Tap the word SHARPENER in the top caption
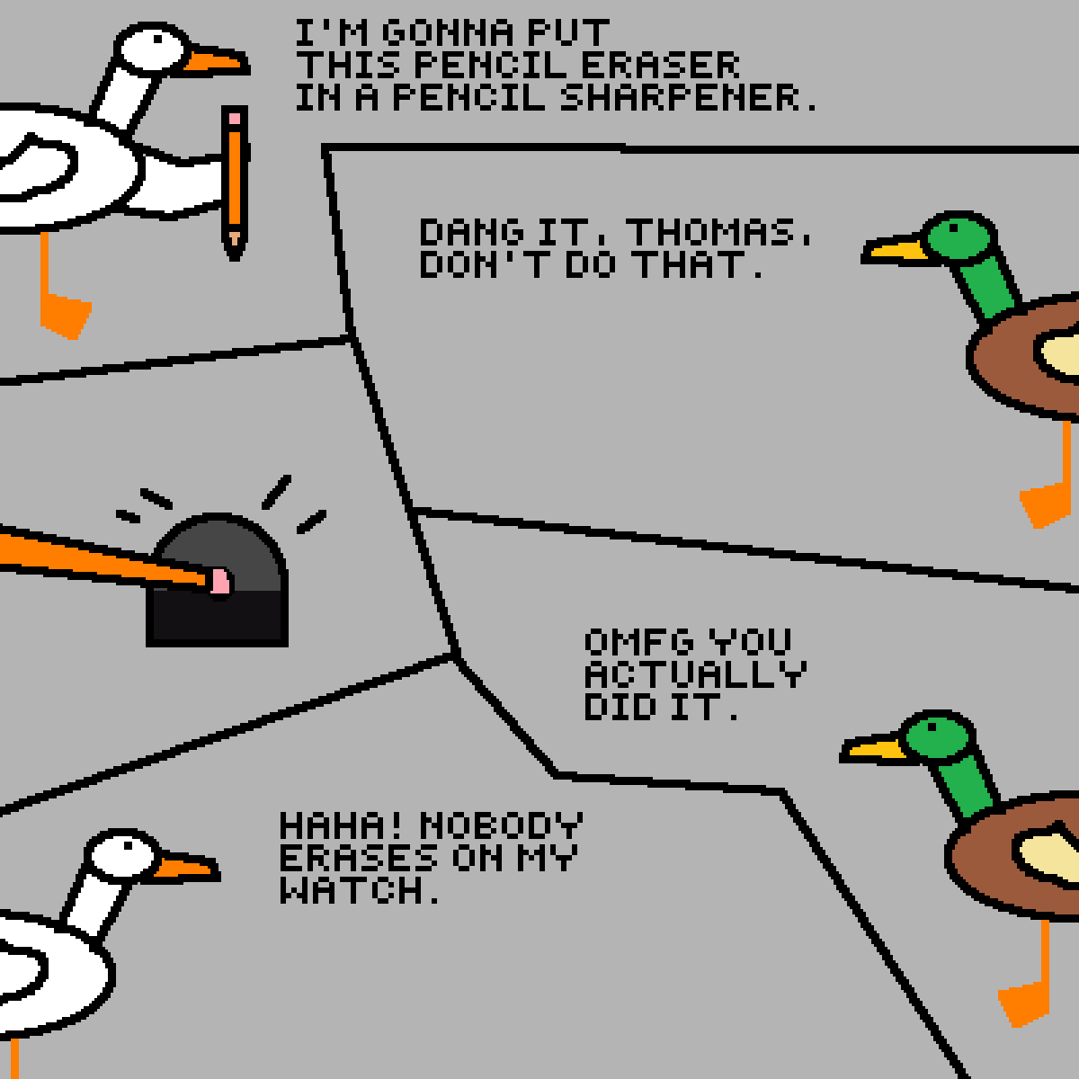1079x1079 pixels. tap(687, 97)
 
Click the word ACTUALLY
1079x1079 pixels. tap(695, 674)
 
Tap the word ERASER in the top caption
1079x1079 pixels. tap(661, 65)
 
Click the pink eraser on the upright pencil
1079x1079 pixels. tap(235, 119)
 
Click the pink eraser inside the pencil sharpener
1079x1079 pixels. tap(220, 581)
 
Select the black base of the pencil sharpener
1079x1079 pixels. tap(218, 618)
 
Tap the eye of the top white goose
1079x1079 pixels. tap(158, 40)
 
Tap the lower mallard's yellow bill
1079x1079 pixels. tap(873, 749)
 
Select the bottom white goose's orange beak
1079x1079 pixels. tap(186, 868)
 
